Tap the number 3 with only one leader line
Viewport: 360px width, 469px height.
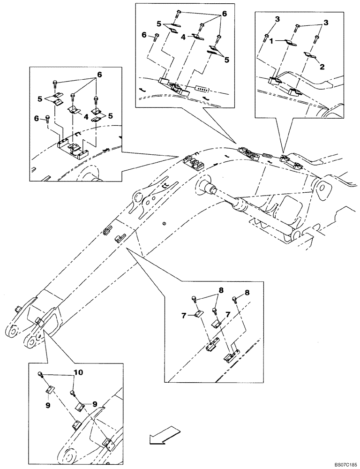tap(277, 19)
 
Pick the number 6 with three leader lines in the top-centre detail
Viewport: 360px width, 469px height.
tap(224, 15)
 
